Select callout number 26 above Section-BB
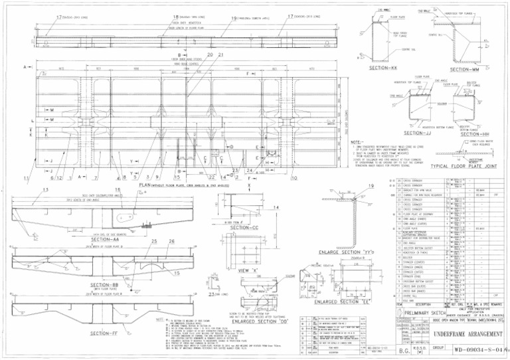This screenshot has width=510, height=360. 173,241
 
